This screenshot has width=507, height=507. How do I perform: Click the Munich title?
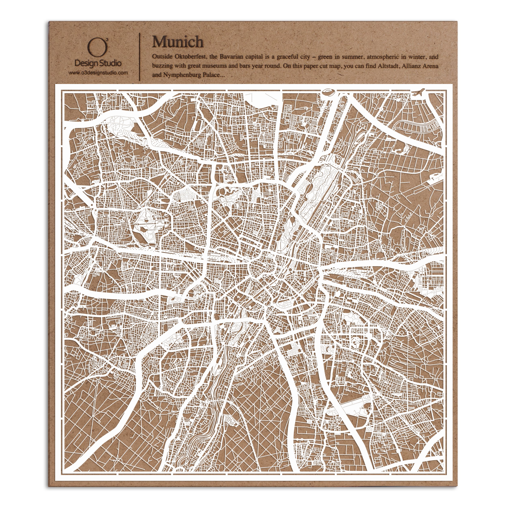[x=178, y=42]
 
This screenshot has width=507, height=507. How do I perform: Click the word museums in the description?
[x=212, y=66]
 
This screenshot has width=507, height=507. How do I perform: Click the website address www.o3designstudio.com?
[x=98, y=73]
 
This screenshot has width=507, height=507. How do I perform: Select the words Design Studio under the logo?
[x=98, y=63]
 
